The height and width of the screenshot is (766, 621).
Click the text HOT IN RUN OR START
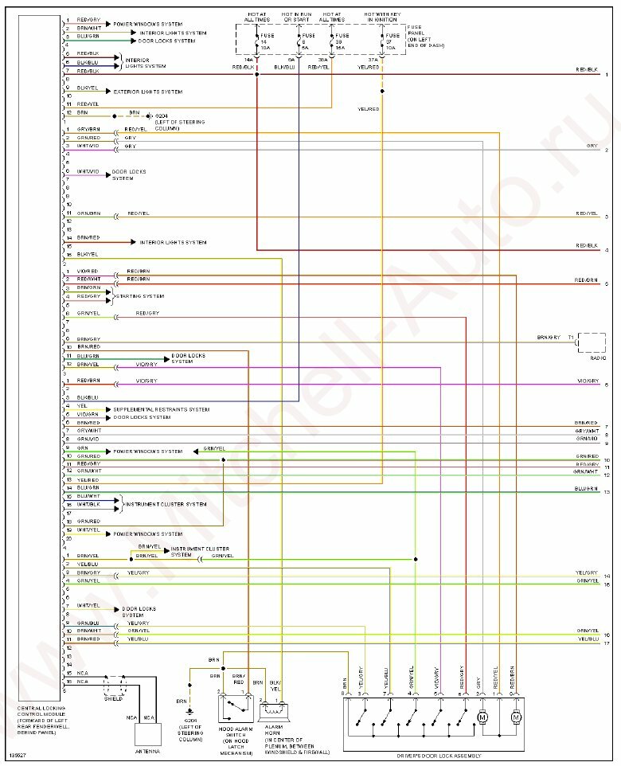[295, 18]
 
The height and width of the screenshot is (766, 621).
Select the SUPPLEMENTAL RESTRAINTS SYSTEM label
[161, 409]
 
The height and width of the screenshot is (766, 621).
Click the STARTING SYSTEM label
[141, 296]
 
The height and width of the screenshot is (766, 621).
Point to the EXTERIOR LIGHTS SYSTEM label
[148, 92]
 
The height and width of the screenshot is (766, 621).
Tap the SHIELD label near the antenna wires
[115, 698]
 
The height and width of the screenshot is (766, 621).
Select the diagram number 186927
[17, 756]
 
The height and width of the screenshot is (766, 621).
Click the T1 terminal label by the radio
[570, 338]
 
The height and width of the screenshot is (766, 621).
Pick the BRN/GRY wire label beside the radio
[549, 338]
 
